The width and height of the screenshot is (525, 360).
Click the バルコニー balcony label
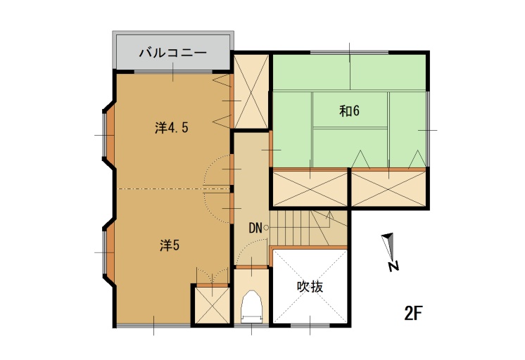pos(172,53)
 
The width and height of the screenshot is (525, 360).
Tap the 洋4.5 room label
pos(172,127)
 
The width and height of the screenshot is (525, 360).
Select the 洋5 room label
pos(170,245)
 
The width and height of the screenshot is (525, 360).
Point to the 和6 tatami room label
pos(349,111)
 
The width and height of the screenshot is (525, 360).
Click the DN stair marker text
pos(255,229)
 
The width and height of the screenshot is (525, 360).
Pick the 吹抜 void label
pos(310,287)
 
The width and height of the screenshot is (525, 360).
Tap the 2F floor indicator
pos(414,313)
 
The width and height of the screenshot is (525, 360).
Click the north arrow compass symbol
pos(390,251)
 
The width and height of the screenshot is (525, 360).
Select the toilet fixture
pos(251,307)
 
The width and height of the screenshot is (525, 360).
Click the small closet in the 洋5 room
pos(212,305)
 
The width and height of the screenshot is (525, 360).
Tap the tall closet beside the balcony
pos(251,91)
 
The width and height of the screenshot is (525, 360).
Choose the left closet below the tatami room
pos(310,188)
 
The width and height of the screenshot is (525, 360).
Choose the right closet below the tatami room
pos(388,188)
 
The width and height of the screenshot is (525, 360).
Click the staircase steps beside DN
pos(308,229)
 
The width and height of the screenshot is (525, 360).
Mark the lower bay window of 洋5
pos(109,252)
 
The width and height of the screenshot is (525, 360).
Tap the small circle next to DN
pos(266,229)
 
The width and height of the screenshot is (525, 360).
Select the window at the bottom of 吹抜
pos(310,325)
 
